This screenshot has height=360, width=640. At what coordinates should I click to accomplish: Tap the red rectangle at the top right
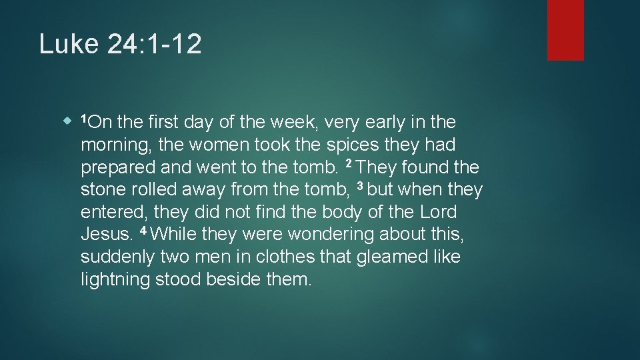[x=565, y=30]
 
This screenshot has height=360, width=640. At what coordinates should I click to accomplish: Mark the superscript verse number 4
[x=145, y=231]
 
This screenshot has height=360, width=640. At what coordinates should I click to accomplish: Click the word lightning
[x=115, y=280]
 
